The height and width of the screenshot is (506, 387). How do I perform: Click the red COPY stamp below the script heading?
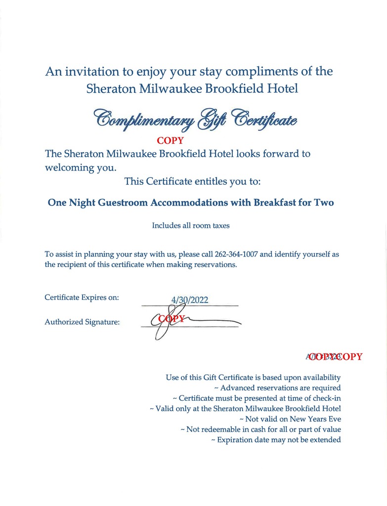[x=170, y=141]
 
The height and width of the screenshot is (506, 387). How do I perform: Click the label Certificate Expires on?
[x=82, y=297]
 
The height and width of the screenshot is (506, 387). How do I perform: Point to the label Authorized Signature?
[x=82, y=322]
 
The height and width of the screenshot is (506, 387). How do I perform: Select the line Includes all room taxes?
[x=190, y=226]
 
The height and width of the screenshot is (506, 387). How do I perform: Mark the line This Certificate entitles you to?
[x=192, y=181]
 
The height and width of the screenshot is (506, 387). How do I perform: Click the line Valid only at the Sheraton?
[x=245, y=409]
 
